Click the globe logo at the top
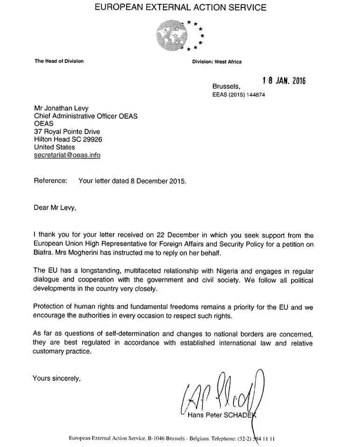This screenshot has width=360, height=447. (173, 35)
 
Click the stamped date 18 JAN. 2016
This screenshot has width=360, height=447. (284, 81)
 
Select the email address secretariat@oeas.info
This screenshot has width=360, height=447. (67, 155)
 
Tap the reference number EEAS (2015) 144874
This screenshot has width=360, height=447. (238, 95)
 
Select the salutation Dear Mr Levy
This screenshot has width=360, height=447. (54, 208)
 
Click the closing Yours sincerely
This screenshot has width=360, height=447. (56, 378)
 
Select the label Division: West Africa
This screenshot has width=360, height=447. (217, 62)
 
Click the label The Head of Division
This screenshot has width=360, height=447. (59, 61)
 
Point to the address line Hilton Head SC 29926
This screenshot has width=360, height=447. (68, 139)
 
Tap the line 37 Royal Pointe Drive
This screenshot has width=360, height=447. (67, 131)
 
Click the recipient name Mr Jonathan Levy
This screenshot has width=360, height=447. (61, 108)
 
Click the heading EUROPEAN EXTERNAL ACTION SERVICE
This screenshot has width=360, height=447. (180, 7)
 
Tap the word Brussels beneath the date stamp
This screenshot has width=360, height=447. (226, 86)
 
